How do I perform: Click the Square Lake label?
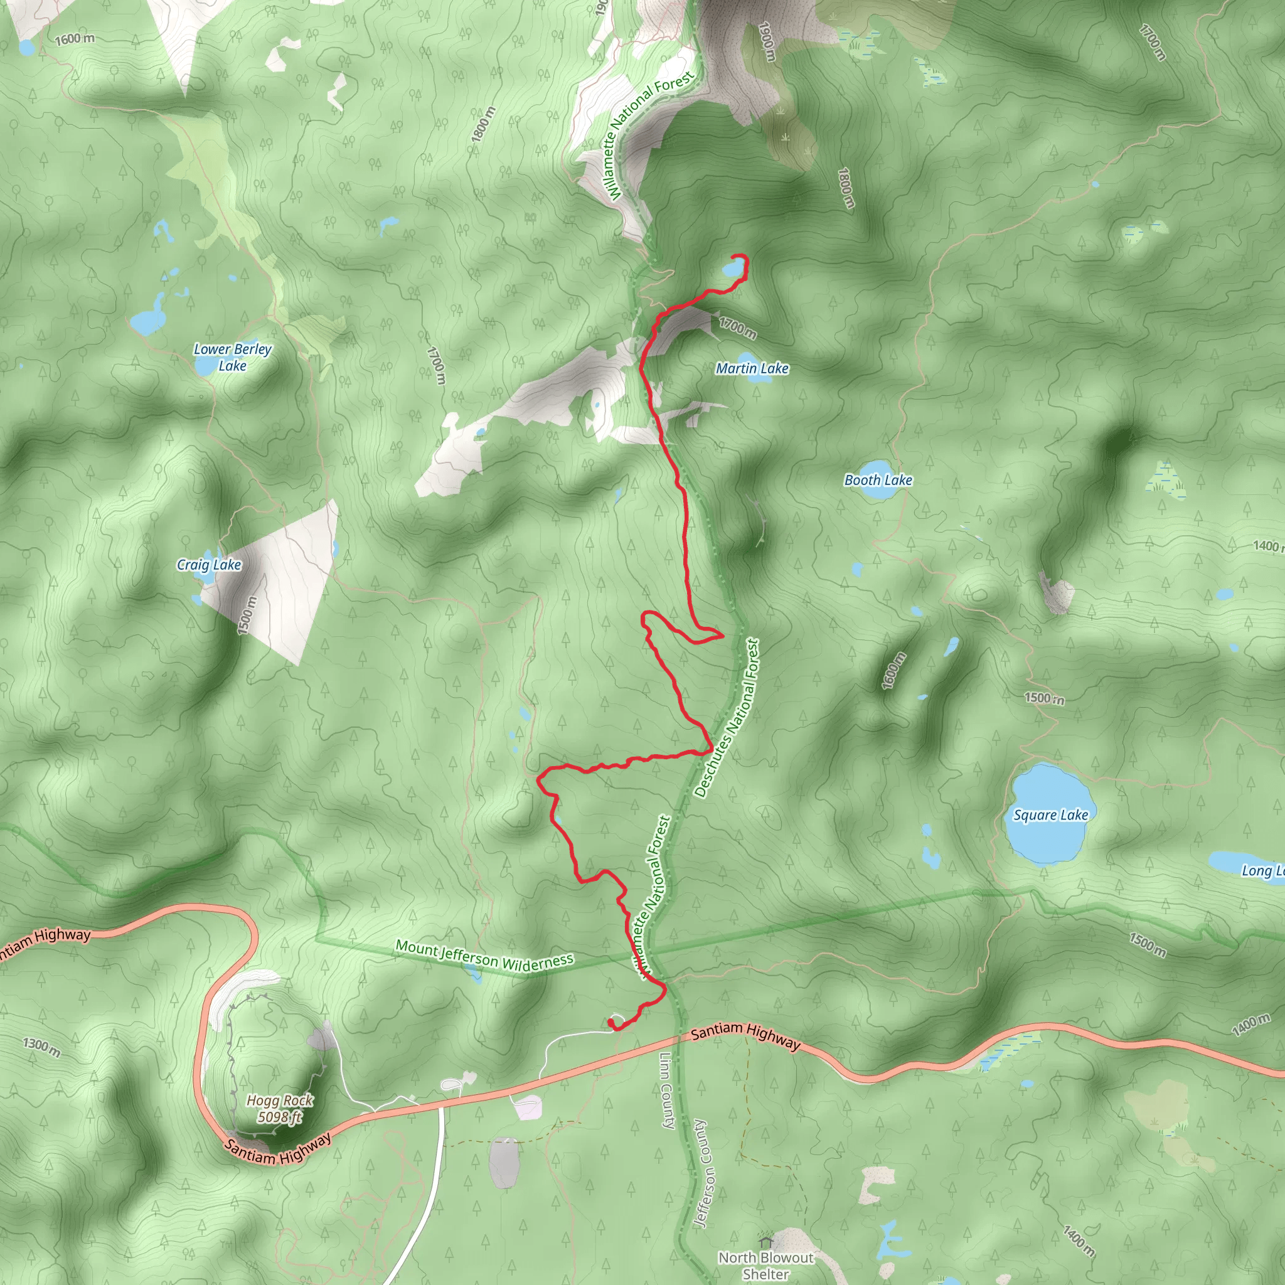click(1050, 815)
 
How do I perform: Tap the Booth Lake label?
click(878, 480)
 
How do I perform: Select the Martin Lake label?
click(752, 368)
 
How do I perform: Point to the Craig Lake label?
click(209, 565)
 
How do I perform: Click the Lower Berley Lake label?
click(233, 357)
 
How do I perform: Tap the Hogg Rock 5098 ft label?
click(280, 1109)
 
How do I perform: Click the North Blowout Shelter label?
click(765, 1266)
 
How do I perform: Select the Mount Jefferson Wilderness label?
click(484, 954)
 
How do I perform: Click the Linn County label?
click(668, 1090)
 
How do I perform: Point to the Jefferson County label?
click(700, 1173)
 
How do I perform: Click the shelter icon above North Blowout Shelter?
click(765, 1242)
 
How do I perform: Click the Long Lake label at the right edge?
click(1262, 870)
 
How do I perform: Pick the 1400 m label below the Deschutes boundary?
click(1250, 1026)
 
